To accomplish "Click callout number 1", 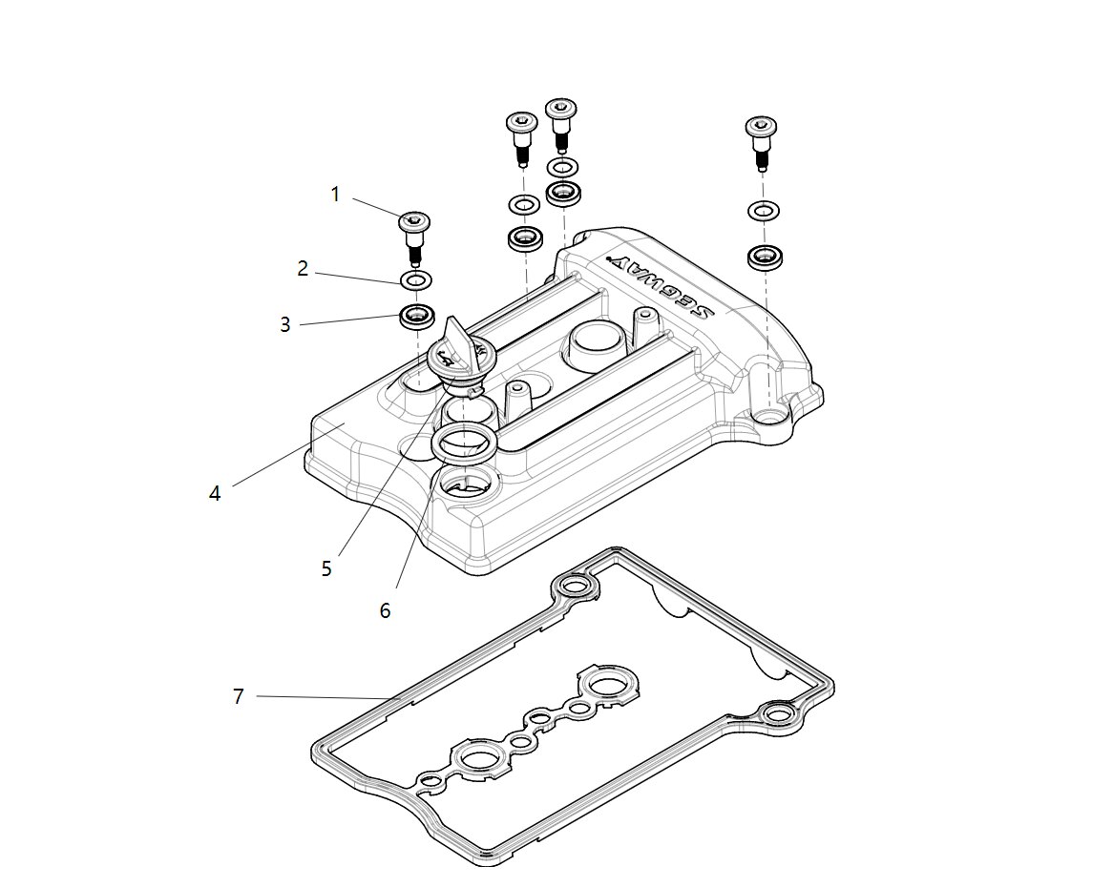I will pyautogui.click(x=335, y=195).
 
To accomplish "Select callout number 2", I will pyautogui.click(x=303, y=269).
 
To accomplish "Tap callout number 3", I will pyautogui.click(x=284, y=325).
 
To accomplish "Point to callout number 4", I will pyautogui.click(x=215, y=493).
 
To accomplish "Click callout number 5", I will pyautogui.click(x=326, y=568).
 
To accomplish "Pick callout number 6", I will pyautogui.click(x=385, y=610).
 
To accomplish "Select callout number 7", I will pyautogui.click(x=239, y=696).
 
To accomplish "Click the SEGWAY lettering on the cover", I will pyautogui.click(x=661, y=286).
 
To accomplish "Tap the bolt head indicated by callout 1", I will pyautogui.click(x=415, y=222).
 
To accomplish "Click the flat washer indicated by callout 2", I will pyautogui.click(x=415, y=280).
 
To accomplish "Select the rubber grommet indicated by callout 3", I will pyautogui.click(x=415, y=316).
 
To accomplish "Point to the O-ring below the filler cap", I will pyautogui.click(x=463, y=443).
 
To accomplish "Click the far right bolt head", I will pyautogui.click(x=761, y=126).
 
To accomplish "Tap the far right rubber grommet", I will pyautogui.click(x=764, y=257).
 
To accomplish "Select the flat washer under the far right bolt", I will pyautogui.click(x=763, y=210).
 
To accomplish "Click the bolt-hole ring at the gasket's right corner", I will pyautogui.click(x=778, y=712).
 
